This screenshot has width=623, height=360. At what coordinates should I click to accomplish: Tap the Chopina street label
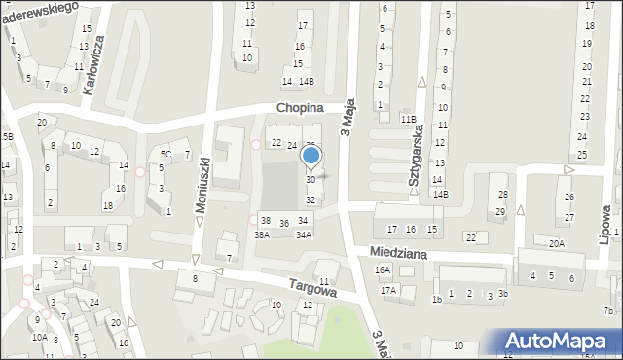(299, 109)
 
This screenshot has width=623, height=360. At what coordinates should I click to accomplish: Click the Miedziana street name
(401, 250)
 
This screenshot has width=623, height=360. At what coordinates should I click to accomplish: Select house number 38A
(262, 234)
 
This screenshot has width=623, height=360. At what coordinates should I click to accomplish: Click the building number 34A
(304, 234)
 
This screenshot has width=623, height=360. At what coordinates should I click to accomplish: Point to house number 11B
(409, 119)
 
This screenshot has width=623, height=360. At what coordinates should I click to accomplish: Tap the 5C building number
(165, 154)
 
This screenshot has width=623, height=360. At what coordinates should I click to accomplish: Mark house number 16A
(383, 270)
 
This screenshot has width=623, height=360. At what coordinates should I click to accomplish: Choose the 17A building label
(388, 290)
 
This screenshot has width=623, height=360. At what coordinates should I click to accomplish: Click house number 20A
(556, 244)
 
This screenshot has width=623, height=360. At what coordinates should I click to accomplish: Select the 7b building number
(608, 310)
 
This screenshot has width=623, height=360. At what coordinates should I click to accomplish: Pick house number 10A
(39, 337)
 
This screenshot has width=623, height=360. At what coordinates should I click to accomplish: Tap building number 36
(284, 224)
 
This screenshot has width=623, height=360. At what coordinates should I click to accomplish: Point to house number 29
(500, 211)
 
